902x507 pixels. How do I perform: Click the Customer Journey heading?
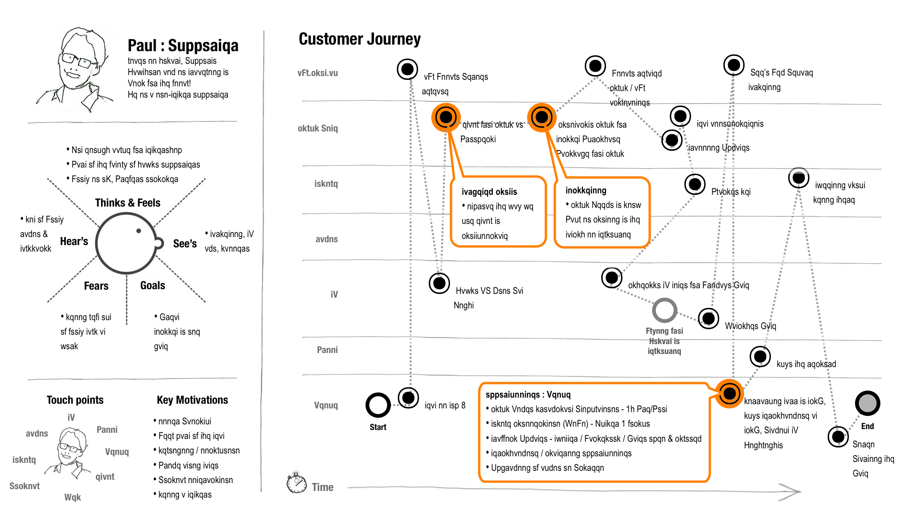359,39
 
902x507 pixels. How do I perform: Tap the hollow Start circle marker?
378,405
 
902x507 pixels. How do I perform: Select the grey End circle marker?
867,403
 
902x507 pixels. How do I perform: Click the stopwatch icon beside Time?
296,483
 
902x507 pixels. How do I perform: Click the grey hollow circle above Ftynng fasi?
664,310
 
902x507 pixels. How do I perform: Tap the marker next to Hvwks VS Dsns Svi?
439,283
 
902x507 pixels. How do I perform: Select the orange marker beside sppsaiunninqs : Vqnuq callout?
729,393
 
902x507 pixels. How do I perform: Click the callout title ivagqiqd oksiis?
489,192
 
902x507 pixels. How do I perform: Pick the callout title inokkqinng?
585,190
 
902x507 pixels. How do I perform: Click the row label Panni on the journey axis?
327,350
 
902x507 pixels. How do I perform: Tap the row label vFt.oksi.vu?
318,73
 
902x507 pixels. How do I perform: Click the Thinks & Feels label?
127,203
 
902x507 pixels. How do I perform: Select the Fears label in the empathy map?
96,286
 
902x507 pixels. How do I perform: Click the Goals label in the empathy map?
153,285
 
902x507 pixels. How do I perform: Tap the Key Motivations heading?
192,400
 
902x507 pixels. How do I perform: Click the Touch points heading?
75,400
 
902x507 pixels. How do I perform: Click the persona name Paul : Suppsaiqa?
183,46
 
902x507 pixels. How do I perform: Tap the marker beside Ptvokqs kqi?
695,184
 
